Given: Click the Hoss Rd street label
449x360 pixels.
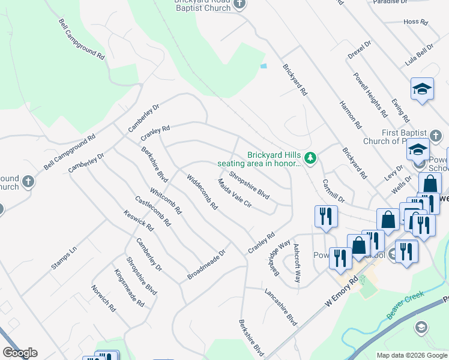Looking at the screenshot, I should [415, 22].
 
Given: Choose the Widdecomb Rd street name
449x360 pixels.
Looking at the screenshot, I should [202, 191].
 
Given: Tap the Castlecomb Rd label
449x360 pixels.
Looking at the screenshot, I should [153, 211].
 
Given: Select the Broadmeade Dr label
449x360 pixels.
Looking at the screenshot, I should [205, 265].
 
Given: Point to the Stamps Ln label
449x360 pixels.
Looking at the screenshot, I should [64, 257].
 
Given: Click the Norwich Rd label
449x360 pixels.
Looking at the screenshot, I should [103, 298].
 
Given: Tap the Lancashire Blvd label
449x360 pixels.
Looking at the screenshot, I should [281, 307].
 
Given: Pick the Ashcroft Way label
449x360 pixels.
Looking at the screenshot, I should [296, 263].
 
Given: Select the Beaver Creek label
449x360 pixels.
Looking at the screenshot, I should [405, 305].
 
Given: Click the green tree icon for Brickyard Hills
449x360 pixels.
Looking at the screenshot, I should [310, 158].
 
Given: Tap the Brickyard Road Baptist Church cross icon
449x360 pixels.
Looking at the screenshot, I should [240, 4].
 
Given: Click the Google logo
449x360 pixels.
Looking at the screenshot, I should [20, 353].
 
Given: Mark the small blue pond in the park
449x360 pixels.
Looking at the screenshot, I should [263, 65].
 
